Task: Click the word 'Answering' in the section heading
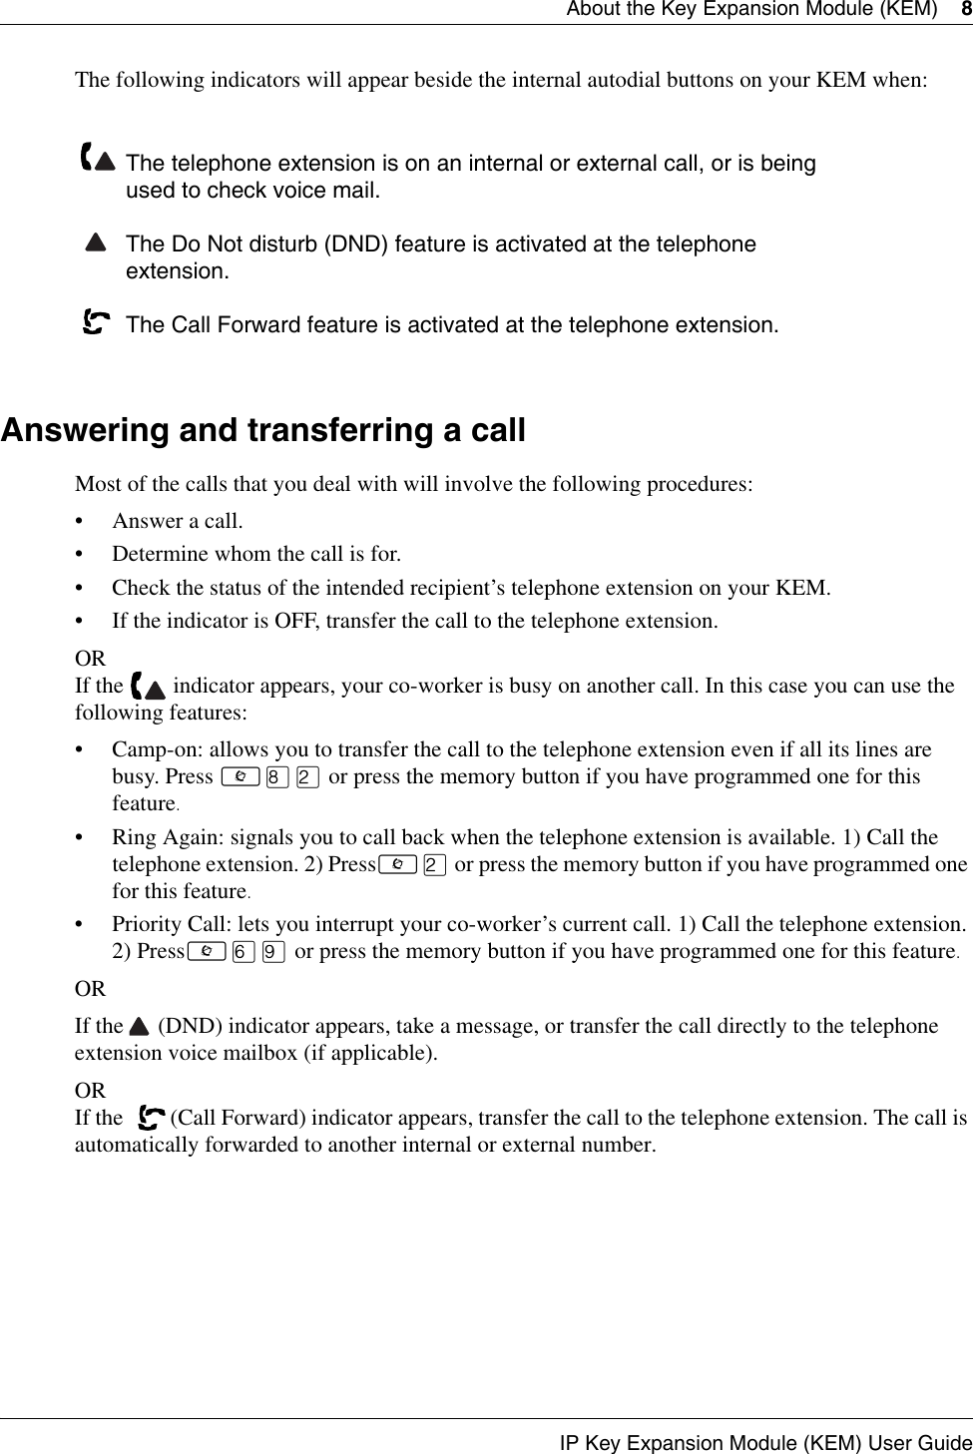coord(85,431)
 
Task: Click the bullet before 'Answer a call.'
coord(82,521)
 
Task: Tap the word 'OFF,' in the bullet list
coord(298,621)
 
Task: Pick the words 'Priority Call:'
coord(171,924)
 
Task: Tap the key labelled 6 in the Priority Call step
coord(240,952)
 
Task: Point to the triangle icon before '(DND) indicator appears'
coord(138,1027)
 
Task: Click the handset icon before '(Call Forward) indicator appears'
coord(154,1118)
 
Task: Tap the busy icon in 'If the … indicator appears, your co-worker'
coord(149,687)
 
